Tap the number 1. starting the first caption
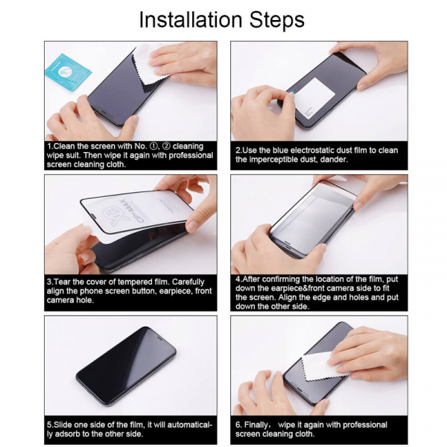click(x=50, y=147)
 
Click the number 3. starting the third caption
click(x=50, y=281)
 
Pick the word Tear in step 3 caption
click(x=64, y=281)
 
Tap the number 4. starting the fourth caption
click(x=238, y=277)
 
